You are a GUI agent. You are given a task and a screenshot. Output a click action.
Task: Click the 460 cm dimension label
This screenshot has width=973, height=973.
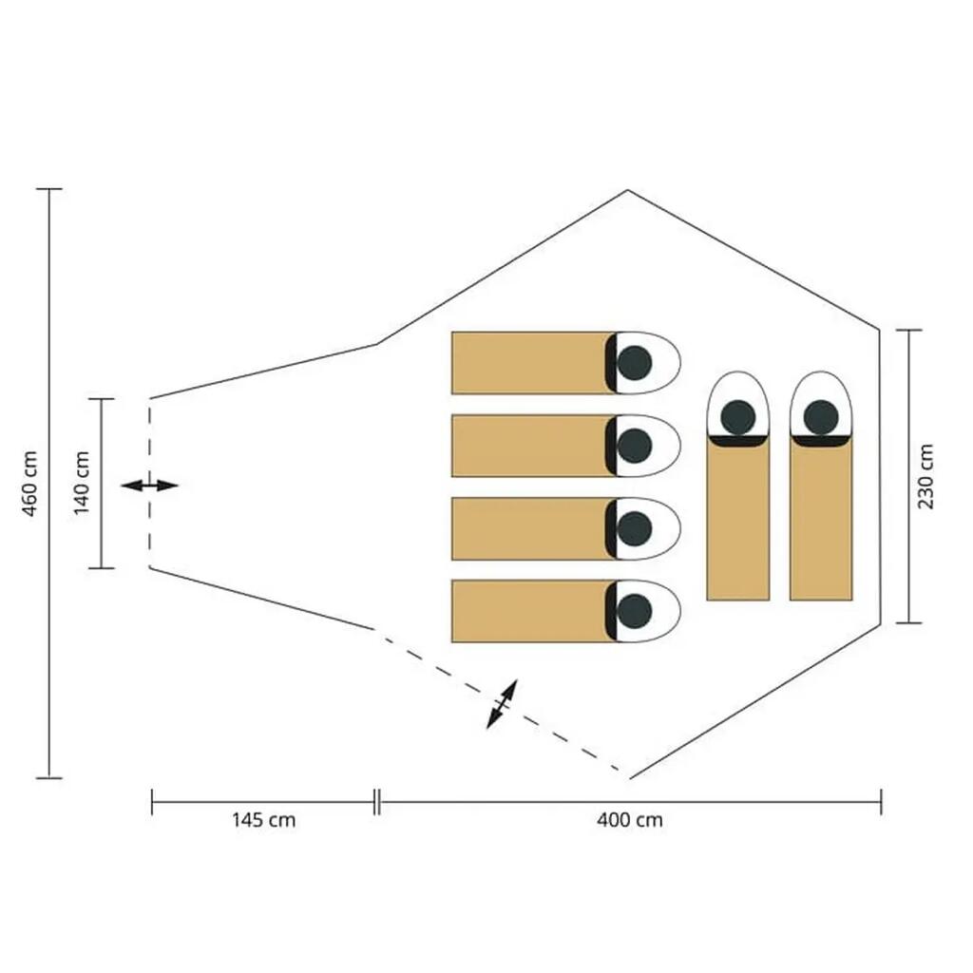click(29, 484)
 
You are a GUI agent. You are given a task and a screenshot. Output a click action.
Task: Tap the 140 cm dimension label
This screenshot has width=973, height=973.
click(82, 484)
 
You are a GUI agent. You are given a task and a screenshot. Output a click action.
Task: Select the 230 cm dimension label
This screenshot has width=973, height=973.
click(925, 477)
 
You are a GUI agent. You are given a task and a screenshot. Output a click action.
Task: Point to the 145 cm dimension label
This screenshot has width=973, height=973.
click(264, 820)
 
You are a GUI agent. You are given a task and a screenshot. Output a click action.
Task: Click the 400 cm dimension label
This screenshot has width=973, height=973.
click(630, 820)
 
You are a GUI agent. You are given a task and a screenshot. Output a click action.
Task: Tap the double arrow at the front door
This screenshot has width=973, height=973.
click(149, 486)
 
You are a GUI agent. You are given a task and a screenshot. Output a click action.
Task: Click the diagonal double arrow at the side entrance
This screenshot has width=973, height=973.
click(502, 704)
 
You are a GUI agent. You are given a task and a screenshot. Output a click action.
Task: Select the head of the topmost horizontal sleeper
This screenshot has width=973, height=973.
click(634, 363)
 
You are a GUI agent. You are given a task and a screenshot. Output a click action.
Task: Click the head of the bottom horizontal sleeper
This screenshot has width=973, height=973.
click(634, 611)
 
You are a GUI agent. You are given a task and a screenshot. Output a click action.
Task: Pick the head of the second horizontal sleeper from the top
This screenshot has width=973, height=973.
click(634, 446)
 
